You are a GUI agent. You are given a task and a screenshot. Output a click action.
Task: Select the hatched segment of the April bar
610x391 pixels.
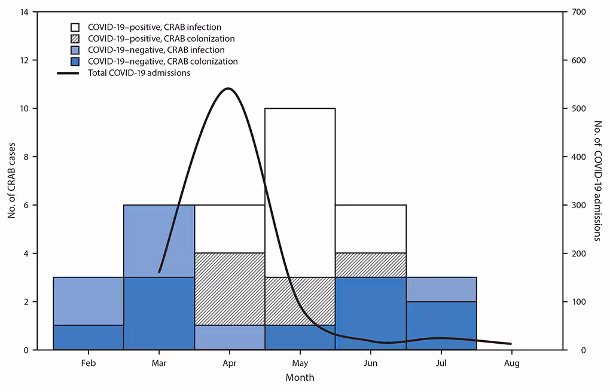coord(230,289)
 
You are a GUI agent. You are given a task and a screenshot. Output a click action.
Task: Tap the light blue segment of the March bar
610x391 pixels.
coord(159,241)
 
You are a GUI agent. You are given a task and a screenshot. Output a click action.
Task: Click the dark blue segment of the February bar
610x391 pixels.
coord(89,337)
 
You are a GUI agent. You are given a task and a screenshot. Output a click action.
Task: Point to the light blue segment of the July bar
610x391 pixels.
coord(441,289)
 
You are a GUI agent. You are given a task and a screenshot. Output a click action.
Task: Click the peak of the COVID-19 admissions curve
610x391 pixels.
coord(228,88)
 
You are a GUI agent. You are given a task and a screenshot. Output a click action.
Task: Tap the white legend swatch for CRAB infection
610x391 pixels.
coord(75,28)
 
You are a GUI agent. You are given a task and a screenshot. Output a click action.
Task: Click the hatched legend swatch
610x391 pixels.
coord(75,39)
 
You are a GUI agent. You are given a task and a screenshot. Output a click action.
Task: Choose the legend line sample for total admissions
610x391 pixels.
coord(69,73)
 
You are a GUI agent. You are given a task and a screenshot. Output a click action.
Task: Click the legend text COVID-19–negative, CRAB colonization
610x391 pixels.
coord(163,62)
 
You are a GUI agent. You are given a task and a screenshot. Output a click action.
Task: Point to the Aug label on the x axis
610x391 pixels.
coord(511,363)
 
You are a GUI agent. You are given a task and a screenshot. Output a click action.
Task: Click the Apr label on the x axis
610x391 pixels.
coord(230,363)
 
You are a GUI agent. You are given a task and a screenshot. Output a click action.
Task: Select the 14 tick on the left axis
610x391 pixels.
coord(23,12)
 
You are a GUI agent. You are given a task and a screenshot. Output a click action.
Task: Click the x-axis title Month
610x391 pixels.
coord(300,378)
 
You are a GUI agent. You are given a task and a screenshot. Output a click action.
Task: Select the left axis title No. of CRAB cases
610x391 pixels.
coord(11,181)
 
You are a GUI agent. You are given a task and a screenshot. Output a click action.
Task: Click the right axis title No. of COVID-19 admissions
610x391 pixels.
coord(597,181)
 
